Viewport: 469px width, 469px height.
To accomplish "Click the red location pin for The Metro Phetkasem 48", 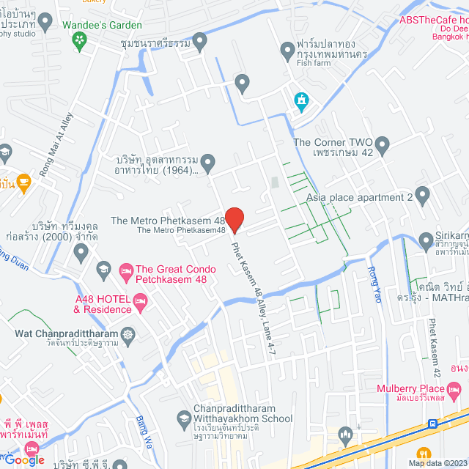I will click(234, 219).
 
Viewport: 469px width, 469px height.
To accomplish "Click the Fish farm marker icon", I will click(288, 51).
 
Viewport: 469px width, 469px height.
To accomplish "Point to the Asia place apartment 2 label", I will click(359, 197).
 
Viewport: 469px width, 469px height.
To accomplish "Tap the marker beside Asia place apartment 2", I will click(422, 195).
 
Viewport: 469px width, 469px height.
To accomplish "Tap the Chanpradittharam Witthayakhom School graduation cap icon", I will click(184, 419).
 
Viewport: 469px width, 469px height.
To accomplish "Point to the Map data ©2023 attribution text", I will click(436, 462).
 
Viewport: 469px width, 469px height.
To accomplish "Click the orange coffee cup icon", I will click(23, 182).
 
